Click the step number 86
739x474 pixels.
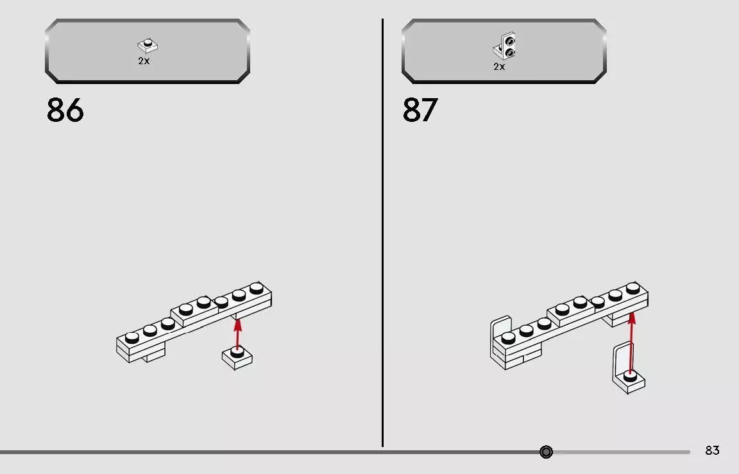tap(65, 110)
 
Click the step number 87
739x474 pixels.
tap(420, 110)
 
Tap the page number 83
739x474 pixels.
tap(712, 450)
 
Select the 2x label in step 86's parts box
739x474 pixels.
tap(144, 61)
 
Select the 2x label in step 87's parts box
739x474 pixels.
tap(499, 67)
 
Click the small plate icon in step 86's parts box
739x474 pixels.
tap(148, 46)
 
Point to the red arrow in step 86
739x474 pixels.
tap(238, 335)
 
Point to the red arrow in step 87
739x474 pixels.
tap(632, 342)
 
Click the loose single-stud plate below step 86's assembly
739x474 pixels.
tap(237, 358)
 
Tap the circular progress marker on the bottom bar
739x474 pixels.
tap(547, 452)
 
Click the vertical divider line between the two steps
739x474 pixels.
tap(382, 233)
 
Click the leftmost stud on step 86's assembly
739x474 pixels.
tap(132, 337)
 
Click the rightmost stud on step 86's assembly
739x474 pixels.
tap(257, 287)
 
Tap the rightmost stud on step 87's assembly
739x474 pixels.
tap(633, 287)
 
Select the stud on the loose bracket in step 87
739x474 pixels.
tap(630, 376)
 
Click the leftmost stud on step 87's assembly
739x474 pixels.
tap(509, 337)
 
